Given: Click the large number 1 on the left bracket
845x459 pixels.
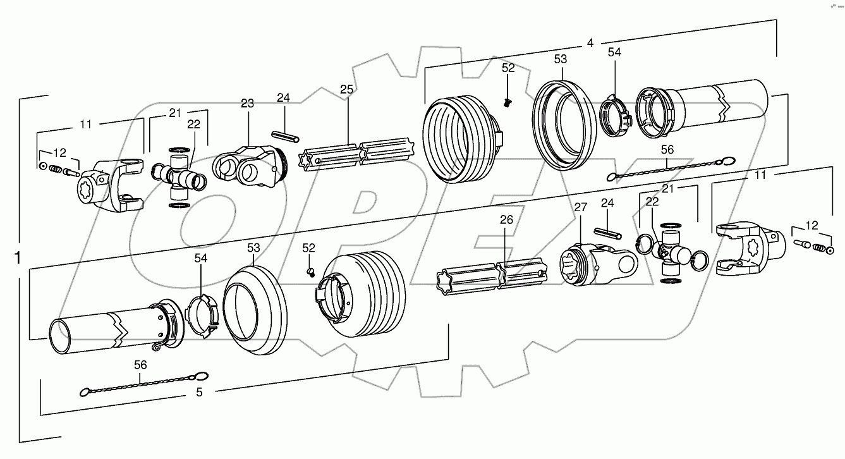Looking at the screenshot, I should [x=18, y=259].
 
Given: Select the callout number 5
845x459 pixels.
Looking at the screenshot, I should [x=199, y=392].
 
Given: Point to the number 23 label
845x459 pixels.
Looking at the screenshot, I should [x=246, y=103].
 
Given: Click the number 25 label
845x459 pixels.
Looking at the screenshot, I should [x=346, y=90].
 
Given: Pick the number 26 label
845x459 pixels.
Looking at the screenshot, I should [x=506, y=220].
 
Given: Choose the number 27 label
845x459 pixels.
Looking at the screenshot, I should [x=581, y=206].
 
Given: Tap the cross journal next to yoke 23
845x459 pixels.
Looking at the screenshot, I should [x=179, y=176].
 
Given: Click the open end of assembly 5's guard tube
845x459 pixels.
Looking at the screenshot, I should [x=62, y=337].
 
